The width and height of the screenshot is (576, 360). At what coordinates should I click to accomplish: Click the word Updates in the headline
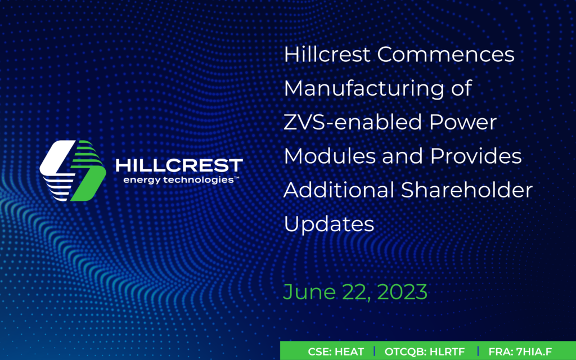tap(329, 224)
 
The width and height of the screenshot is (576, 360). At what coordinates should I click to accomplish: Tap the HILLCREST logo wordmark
tap(179, 165)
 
